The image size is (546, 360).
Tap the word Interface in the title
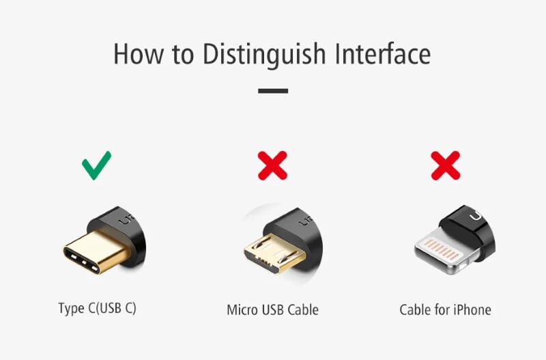point(383,54)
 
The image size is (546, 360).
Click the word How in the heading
point(139,54)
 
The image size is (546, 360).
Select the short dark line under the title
point(273,91)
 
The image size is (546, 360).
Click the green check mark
point(96,165)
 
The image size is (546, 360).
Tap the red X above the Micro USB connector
point(272,165)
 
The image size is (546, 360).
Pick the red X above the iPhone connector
point(446,165)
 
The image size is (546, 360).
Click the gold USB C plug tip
point(95,251)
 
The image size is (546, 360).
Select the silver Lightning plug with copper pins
point(442,251)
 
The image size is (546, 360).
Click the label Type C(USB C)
point(97,308)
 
